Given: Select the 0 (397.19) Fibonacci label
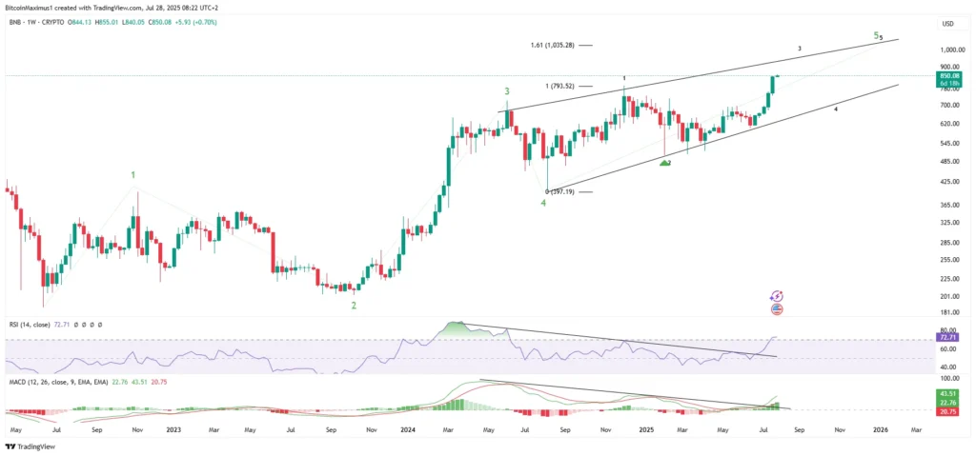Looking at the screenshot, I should tap(559, 192).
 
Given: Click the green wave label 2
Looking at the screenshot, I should tap(354, 305).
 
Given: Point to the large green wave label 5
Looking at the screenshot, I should tap(876, 35).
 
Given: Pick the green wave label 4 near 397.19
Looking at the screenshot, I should tap(543, 202).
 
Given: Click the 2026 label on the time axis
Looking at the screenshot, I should tap(880, 429).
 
